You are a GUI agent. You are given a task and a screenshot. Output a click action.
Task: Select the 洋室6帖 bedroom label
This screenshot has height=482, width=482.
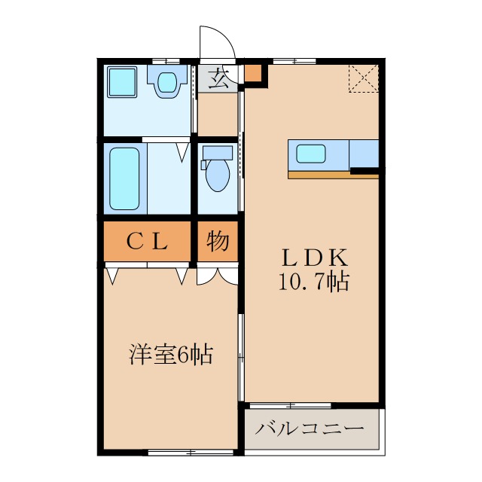pyautogui.click(x=170, y=353)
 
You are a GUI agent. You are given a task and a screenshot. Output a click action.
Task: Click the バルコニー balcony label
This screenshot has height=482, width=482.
pyautogui.click(x=310, y=429)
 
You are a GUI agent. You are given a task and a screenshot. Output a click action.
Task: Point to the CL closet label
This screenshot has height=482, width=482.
pyautogui.click(x=146, y=242)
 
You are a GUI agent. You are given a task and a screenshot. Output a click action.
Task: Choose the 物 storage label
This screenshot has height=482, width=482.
pyautogui.click(x=218, y=242)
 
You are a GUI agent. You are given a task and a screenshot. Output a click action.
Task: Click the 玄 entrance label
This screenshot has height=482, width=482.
pyautogui.click(x=219, y=78)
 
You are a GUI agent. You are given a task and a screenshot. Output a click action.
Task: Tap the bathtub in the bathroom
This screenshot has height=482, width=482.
pyautogui.click(x=124, y=178)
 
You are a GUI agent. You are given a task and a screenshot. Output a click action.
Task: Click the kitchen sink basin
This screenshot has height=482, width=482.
pyautogui.click(x=310, y=154)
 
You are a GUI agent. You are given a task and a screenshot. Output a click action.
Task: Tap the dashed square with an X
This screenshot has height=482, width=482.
pyautogui.click(x=363, y=78)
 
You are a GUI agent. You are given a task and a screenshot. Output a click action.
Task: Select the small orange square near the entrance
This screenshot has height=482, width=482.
pyautogui.click(x=254, y=74)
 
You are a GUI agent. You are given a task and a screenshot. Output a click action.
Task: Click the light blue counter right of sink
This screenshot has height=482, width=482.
pyautogui.click(x=363, y=154)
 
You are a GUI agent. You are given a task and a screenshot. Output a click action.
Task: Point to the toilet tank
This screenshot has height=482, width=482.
pyautogui.click(x=218, y=151)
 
